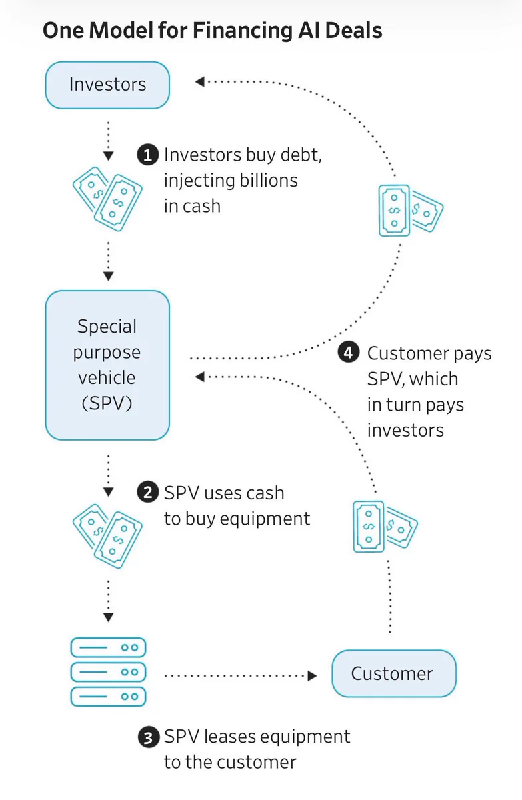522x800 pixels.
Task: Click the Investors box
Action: click(x=107, y=85)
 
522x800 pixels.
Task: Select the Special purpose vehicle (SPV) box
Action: click(x=107, y=365)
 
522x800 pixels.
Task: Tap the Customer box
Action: click(x=394, y=673)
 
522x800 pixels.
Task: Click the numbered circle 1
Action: click(x=148, y=155)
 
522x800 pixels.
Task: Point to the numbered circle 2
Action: click(x=148, y=493)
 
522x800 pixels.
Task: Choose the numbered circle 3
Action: click(x=148, y=737)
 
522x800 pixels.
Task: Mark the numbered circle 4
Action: click(x=349, y=353)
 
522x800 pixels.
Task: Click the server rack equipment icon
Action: click(x=108, y=672)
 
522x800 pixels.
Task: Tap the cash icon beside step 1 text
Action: click(x=107, y=199)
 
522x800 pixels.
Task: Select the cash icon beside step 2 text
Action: click(x=107, y=536)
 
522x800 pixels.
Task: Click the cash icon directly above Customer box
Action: click(x=385, y=527)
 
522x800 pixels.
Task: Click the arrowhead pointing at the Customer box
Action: click(x=312, y=676)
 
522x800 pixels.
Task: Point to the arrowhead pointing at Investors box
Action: click(x=199, y=82)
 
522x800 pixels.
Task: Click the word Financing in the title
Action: click(x=243, y=31)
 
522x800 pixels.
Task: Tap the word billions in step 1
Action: click(x=268, y=181)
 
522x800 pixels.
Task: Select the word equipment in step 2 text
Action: click(x=265, y=519)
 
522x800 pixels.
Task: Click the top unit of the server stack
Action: click(x=108, y=647)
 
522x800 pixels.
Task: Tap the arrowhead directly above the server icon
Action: click(x=108, y=617)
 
